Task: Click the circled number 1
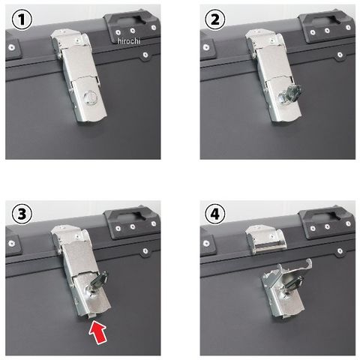pyautogui.click(x=22, y=19)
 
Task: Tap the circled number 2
pyautogui.click(x=215, y=19)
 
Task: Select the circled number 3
pyautogui.click(x=22, y=214)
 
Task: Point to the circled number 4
pyautogui.click(x=215, y=214)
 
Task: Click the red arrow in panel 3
pyautogui.click(x=98, y=332)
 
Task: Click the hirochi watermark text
pyautogui.click(x=129, y=41)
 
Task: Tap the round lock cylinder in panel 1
pyautogui.click(x=90, y=98)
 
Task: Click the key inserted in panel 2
pyautogui.click(x=291, y=94)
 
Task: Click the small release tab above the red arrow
pyautogui.click(x=91, y=316)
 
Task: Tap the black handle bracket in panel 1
pyautogui.click(x=132, y=27)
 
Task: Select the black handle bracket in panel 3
pyautogui.click(x=132, y=223)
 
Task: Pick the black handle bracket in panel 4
pyautogui.click(x=327, y=223)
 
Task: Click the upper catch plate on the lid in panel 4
pyautogui.click(x=265, y=239)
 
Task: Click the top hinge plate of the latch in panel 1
pyautogui.click(x=70, y=40)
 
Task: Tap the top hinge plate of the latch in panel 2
pyautogui.click(x=264, y=40)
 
